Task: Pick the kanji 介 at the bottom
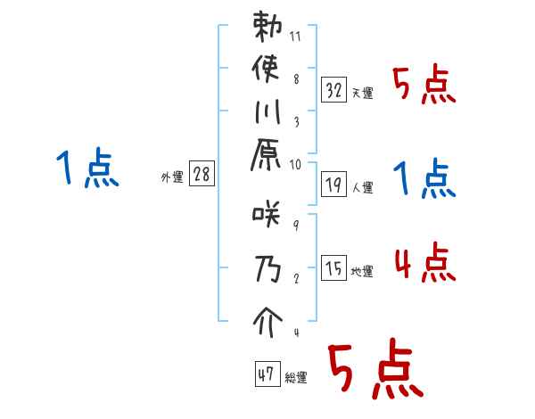coord(268,319)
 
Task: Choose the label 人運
coord(361,188)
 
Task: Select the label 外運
coord(172,177)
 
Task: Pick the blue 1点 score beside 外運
coord(86,168)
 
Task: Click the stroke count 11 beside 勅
coord(296,38)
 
